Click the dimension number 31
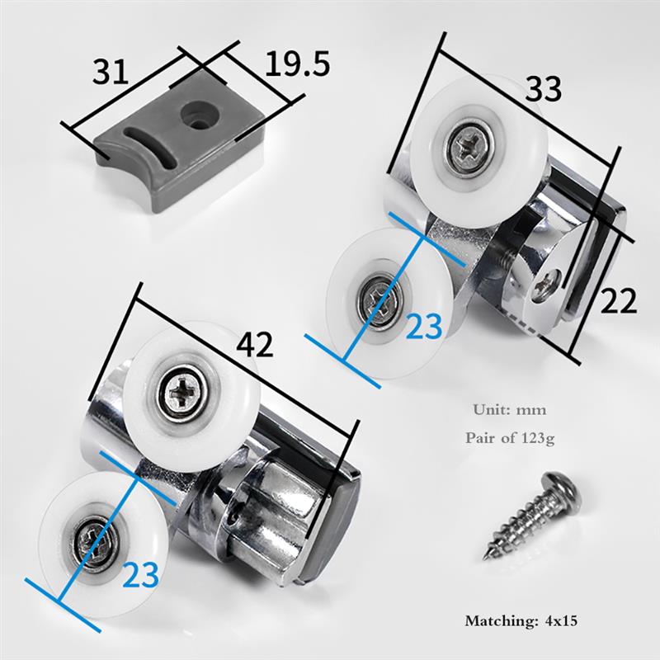[x=111, y=73]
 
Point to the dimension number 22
[x=618, y=302]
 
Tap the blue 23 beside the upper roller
[x=425, y=327]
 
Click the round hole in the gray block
[x=196, y=113]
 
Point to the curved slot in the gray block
[x=152, y=140]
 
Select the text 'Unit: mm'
[x=510, y=409]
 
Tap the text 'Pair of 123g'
[x=510, y=438]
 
